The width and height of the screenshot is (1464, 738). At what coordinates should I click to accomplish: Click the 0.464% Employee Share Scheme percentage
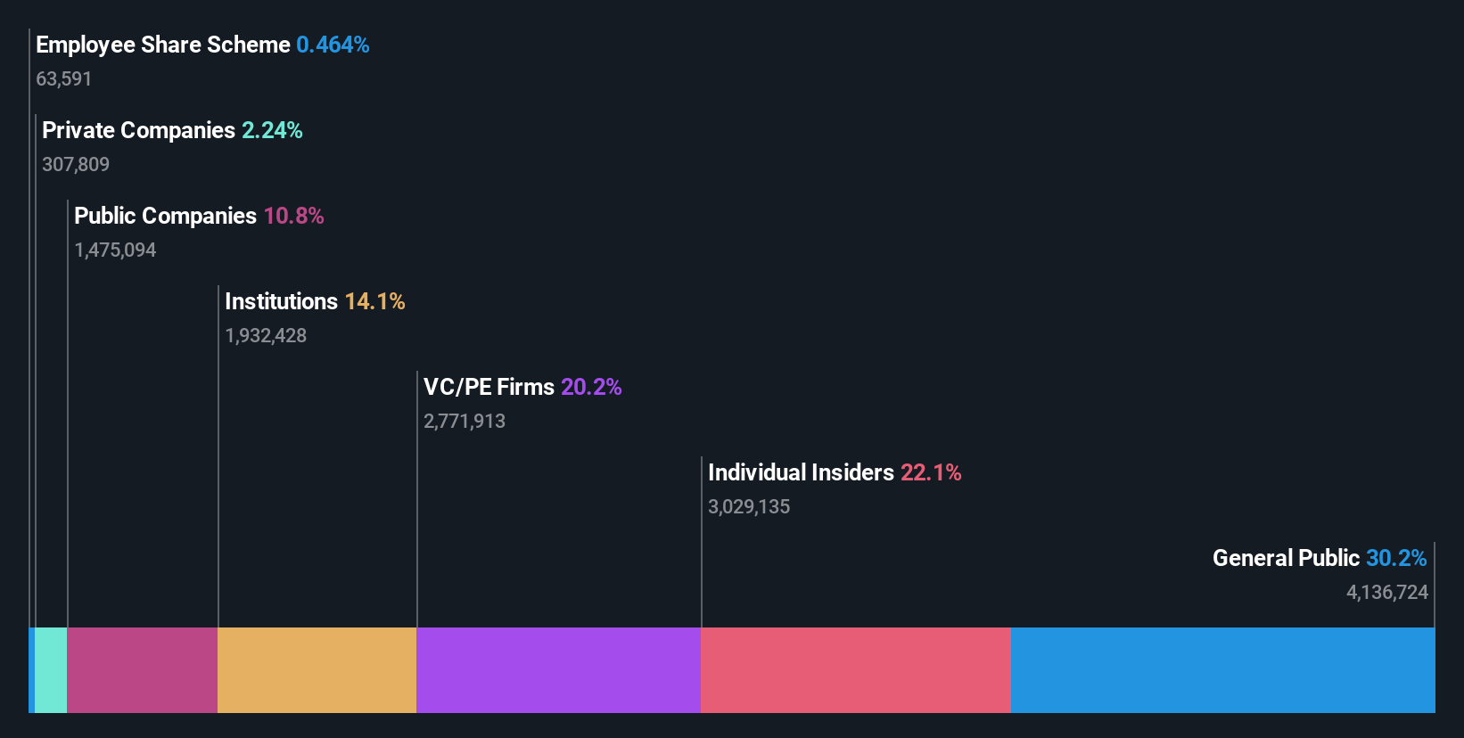[x=333, y=45]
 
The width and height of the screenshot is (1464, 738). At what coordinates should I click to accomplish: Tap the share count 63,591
[x=63, y=79]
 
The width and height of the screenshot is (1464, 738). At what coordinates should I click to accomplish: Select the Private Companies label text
[x=138, y=130]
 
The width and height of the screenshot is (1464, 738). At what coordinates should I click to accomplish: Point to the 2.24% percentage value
[x=272, y=130]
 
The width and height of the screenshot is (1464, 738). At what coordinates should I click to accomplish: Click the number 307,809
[x=76, y=165]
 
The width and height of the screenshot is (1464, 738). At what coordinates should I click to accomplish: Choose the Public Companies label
[x=165, y=216]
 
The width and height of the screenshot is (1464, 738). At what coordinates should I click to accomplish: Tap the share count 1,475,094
[x=115, y=250]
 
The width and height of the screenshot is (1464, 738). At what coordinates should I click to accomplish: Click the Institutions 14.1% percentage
[x=374, y=301]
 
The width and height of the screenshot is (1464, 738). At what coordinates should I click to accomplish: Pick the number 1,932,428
[x=266, y=336]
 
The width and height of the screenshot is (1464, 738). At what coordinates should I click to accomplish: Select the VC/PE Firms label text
[x=489, y=387]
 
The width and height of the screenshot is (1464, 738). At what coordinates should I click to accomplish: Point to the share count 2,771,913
[x=465, y=422]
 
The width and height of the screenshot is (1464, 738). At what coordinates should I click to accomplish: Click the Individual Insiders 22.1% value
[x=931, y=472]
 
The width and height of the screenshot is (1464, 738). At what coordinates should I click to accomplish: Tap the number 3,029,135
[x=749, y=507]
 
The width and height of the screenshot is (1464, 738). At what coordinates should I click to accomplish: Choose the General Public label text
[x=1286, y=558]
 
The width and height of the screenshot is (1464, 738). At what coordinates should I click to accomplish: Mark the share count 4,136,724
[x=1387, y=593]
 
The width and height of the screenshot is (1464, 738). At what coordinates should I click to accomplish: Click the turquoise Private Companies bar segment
[x=51, y=670]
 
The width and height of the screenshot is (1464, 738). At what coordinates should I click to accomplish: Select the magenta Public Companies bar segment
[x=142, y=670]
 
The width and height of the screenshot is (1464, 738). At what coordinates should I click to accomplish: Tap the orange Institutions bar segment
[x=317, y=670]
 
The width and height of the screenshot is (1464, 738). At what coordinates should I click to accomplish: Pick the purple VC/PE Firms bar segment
[x=558, y=670]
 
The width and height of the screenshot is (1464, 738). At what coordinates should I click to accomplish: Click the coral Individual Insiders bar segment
[x=855, y=670]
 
